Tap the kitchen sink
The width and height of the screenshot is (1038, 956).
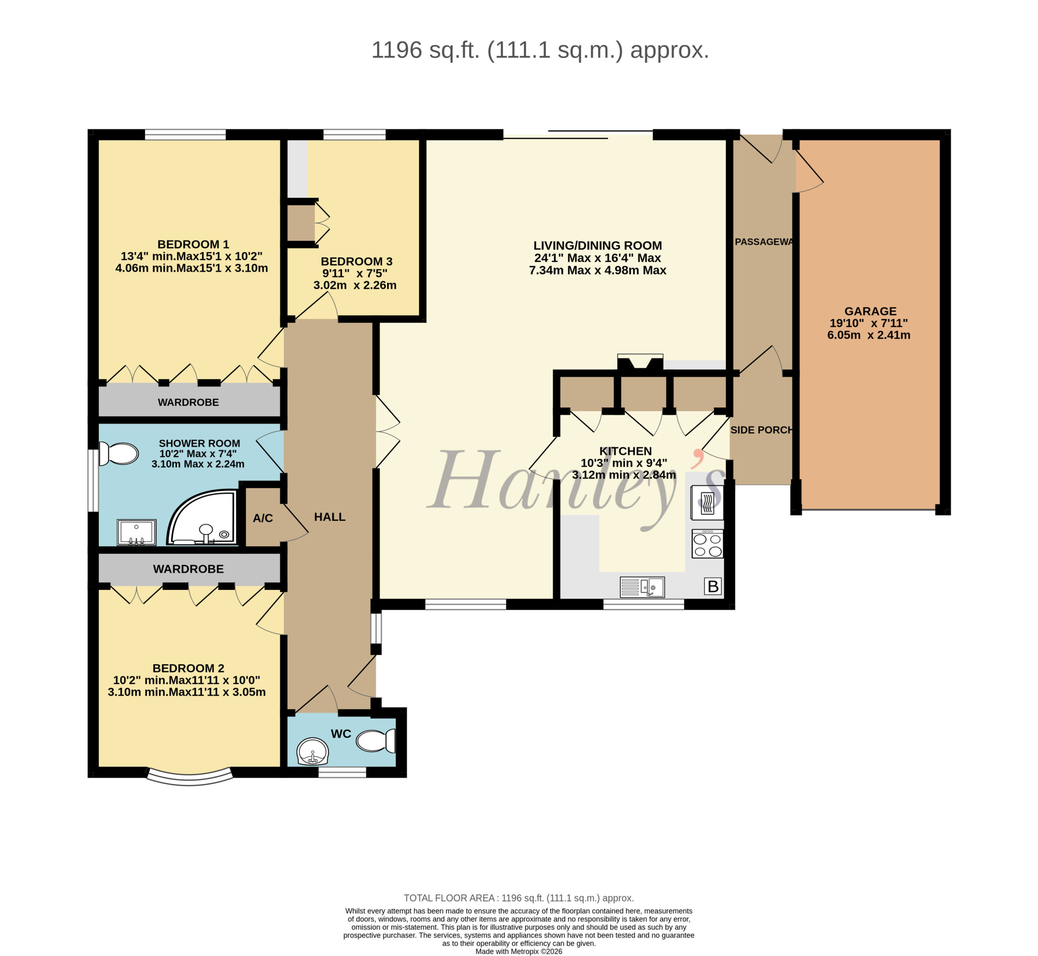(x=642, y=587)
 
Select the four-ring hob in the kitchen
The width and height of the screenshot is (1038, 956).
(x=708, y=544)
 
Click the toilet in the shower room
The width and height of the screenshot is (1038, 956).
(x=118, y=454)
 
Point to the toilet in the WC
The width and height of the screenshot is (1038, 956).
(x=376, y=741)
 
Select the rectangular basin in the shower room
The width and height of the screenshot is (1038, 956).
(x=137, y=533)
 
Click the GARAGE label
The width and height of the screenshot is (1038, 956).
(x=871, y=311)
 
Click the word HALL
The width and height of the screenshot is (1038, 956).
(x=330, y=517)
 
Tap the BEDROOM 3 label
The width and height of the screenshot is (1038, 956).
(x=356, y=262)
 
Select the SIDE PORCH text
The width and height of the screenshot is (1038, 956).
(x=762, y=430)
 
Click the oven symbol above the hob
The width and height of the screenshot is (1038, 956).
(x=707, y=502)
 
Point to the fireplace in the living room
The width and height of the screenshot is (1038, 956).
(x=640, y=362)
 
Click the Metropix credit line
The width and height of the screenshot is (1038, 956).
(x=519, y=951)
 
